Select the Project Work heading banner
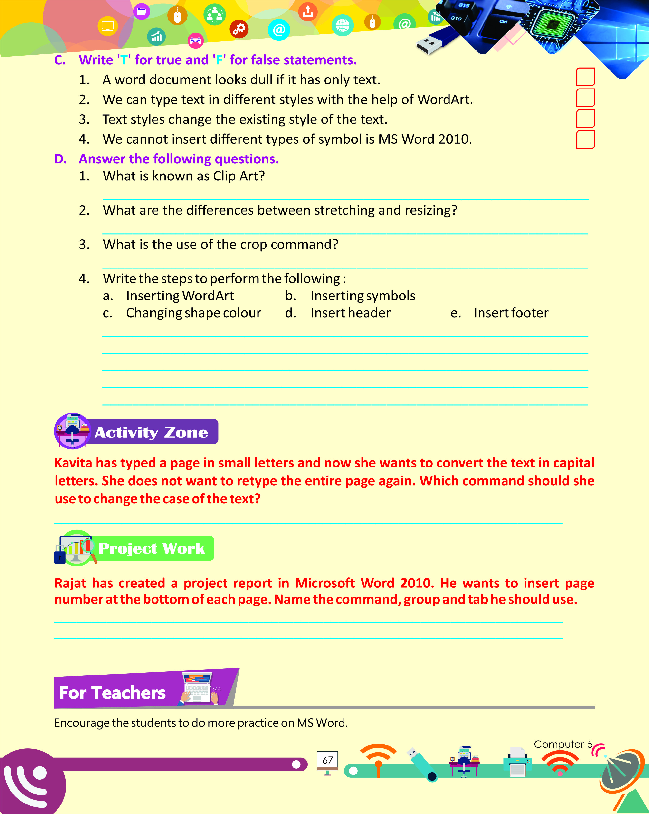151,548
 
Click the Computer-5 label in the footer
563,744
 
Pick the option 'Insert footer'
511,313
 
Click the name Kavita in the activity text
73,463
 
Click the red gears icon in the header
239,29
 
